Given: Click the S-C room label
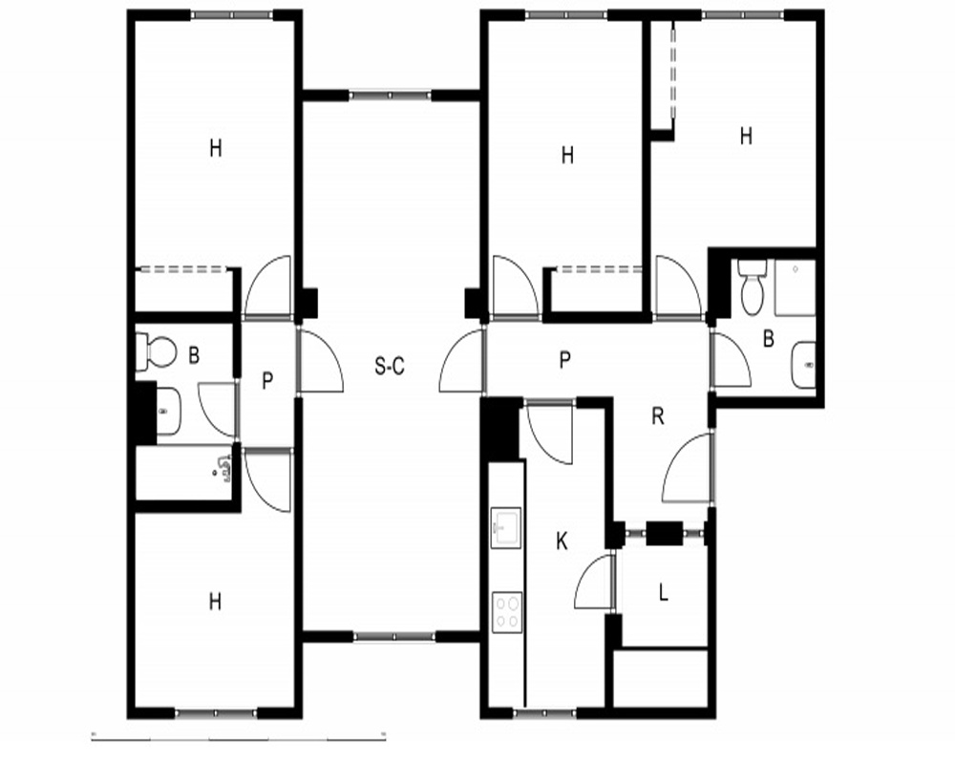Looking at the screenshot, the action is click(x=390, y=366).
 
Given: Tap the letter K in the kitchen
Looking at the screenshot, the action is click(x=562, y=541).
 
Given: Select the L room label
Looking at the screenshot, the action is click(x=664, y=591).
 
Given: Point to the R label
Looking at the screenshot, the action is click(x=658, y=416).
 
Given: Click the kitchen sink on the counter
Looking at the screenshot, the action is click(x=505, y=527).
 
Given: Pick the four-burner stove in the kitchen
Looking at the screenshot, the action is click(x=507, y=612).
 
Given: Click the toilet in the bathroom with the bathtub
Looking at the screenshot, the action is click(x=156, y=351).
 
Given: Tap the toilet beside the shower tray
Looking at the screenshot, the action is click(x=753, y=286).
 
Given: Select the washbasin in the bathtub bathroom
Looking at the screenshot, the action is click(x=168, y=412).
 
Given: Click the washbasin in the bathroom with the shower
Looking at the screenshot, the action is click(x=803, y=364).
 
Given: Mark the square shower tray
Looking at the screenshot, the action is click(x=795, y=287).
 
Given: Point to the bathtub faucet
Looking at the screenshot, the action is click(x=223, y=469).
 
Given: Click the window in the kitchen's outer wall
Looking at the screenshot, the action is click(x=545, y=711).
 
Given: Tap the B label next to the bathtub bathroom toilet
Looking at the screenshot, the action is click(x=194, y=355).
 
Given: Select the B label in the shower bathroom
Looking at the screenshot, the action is click(x=769, y=339).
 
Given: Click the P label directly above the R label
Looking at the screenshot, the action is click(x=565, y=359).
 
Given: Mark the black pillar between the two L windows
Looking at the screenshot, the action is click(x=664, y=534).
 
